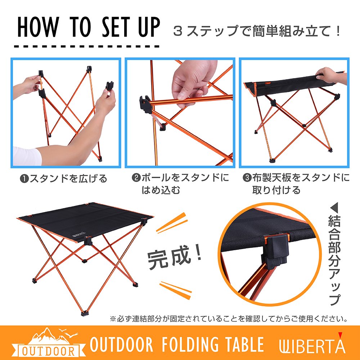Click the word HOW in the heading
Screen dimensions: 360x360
(38, 27)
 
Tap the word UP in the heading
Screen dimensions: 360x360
(149, 27)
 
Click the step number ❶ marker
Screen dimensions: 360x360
(24, 179)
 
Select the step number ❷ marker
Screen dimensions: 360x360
(136, 178)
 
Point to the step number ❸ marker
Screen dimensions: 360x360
(247, 178)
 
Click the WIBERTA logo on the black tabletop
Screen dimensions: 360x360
(79, 235)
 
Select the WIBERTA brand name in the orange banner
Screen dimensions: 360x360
(312, 345)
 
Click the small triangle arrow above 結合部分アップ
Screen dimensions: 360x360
(334, 208)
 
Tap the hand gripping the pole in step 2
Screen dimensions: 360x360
(194, 83)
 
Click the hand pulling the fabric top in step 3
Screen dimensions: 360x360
(330, 76)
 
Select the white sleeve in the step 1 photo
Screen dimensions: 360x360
(27, 156)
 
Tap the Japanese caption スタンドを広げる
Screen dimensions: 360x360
(68, 179)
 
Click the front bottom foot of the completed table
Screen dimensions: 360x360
(85, 314)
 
